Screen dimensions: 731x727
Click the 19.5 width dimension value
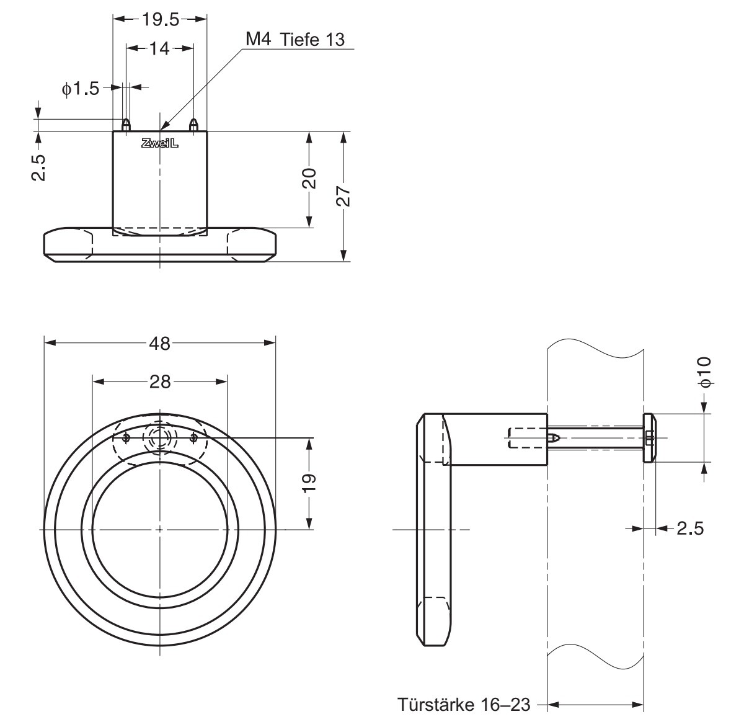161,19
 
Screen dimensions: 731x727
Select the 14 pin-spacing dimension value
159,48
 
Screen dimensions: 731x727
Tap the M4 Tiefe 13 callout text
295,40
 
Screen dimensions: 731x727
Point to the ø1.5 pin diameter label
81,88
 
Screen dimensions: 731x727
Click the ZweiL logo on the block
160,144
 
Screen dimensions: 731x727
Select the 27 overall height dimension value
343,196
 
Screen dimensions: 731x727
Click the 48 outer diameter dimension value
160,344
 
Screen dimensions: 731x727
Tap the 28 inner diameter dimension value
160,382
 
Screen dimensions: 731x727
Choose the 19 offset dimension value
309,482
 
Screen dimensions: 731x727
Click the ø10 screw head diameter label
705,372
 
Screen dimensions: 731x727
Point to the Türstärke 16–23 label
464,704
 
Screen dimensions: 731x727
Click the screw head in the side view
649,438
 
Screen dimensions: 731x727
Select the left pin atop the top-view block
126,125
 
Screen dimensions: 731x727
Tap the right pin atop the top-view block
194,125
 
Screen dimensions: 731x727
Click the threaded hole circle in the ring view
160,438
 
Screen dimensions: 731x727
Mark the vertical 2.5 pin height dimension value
38,167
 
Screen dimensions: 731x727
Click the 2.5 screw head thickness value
690,529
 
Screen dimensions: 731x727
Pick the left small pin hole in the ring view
126,438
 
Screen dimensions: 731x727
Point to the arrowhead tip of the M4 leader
160,130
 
